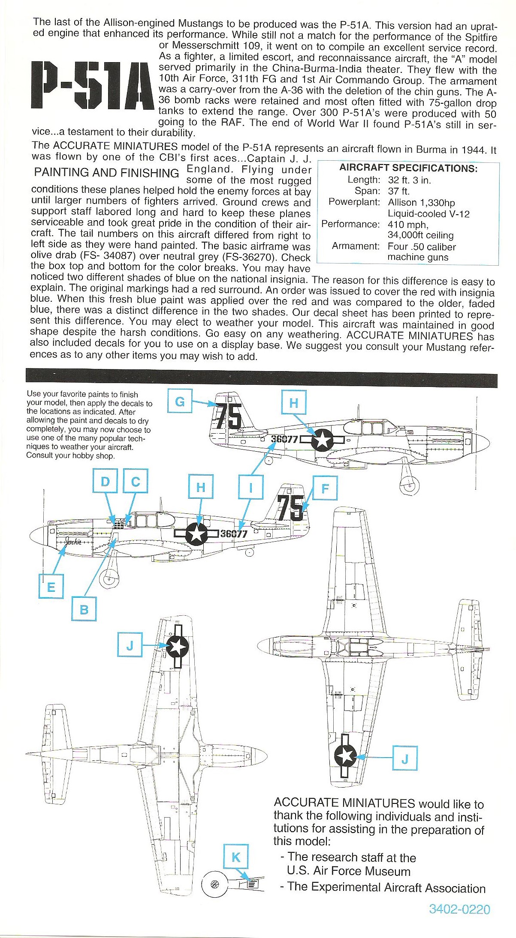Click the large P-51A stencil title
click(x=92, y=85)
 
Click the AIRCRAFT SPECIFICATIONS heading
click(x=408, y=168)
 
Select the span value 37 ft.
click(x=398, y=191)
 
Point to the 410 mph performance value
click(x=408, y=224)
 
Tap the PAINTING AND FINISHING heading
click(x=106, y=173)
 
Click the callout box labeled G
click(x=180, y=401)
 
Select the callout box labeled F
click(x=325, y=488)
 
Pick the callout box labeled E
click(x=51, y=587)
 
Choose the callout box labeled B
click(x=84, y=609)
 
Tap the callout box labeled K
click(x=236, y=857)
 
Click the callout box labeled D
click(x=105, y=481)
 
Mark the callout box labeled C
click(x=136, y=481)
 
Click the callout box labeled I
click(x=251, y=487)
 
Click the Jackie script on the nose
click(x=73, y=541)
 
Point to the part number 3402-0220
click(x=459, y=918)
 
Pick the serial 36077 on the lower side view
click(x=234, y=533)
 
